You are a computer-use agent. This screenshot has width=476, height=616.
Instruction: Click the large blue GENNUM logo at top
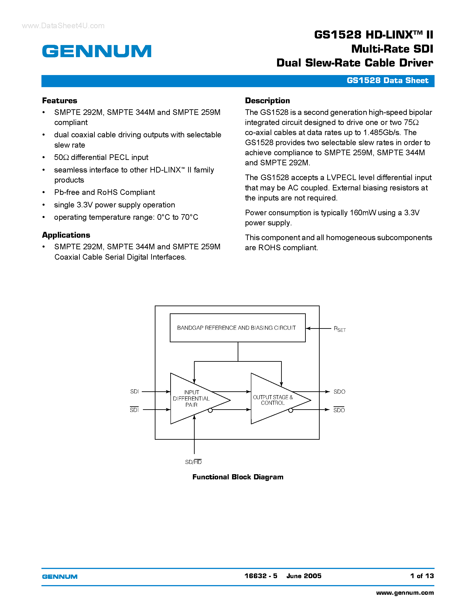point(97,51)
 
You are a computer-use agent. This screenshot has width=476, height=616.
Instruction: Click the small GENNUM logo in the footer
point(60,577)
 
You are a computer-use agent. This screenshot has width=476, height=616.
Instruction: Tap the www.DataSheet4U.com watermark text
point(63,26)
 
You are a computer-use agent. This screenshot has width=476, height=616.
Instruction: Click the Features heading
point(60,101)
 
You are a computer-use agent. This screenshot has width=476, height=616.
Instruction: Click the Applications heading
point(66,235)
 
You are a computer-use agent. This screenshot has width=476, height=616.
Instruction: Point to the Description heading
point(267,101)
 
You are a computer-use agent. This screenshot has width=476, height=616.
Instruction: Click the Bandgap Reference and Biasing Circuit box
point(237,328)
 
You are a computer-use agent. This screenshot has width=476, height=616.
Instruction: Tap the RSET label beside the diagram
point(340,329)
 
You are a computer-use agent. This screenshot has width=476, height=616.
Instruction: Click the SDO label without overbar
point(339,392)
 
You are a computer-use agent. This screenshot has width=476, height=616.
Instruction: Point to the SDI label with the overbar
point(134,410)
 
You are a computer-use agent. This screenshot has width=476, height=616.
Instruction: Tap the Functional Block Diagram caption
point(238,477)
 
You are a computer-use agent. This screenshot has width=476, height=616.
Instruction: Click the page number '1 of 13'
point(422,576)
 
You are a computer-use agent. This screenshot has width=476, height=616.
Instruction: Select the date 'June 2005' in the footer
point(304,576)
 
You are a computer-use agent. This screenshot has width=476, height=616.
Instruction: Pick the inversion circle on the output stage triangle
point(291,410)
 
